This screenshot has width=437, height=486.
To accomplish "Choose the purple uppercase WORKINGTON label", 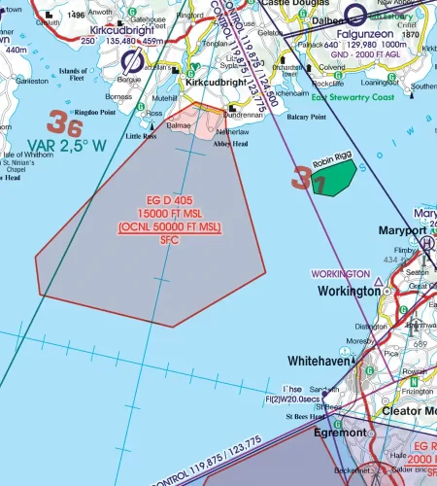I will [339, 275].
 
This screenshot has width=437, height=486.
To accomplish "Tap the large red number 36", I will [64, 123].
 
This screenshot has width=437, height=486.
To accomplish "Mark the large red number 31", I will [303, 178].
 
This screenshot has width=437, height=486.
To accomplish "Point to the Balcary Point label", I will [305, 117].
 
